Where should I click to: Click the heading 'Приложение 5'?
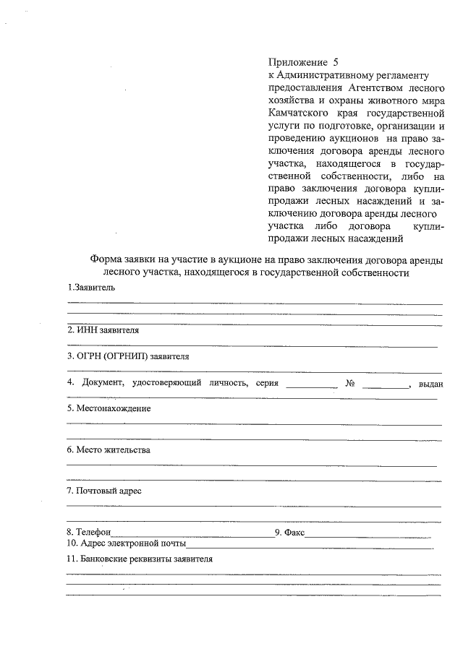coord(303,62)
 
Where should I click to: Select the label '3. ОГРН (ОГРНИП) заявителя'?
coord(128,356)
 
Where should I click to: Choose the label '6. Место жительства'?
coord(109,450)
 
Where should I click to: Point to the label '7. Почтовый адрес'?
coord(104,491)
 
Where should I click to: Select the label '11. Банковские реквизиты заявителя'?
coord(139,559)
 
